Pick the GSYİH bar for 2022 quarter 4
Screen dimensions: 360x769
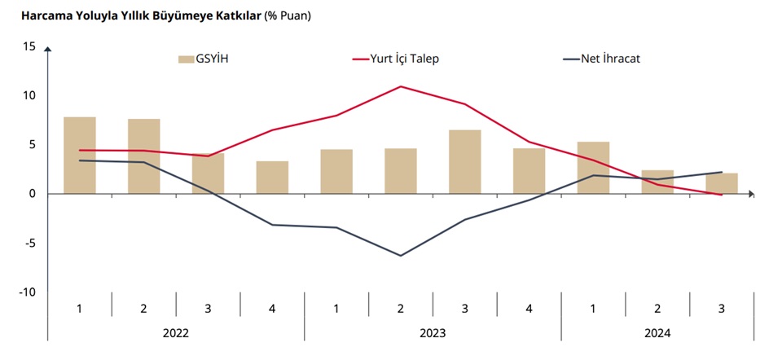[x=272, y=177]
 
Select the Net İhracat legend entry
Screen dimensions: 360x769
[x=609, y=59]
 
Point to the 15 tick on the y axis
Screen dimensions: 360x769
[x=29, y=46]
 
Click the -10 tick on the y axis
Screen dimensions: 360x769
[x=27, y=292]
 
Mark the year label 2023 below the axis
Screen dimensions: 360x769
[x=433, y=332]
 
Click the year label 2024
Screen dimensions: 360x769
[x=657, y=332]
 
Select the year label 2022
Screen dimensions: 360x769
[x=176, y=332]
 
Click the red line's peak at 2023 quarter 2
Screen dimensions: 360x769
[x=401, y=86]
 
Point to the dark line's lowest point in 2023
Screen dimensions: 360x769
[x=401, y=256]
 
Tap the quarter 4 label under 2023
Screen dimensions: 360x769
[x=529, y=308]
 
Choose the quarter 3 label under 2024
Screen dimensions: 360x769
[x=722, y=308]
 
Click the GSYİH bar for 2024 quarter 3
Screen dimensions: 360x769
[x=722, y=183]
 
